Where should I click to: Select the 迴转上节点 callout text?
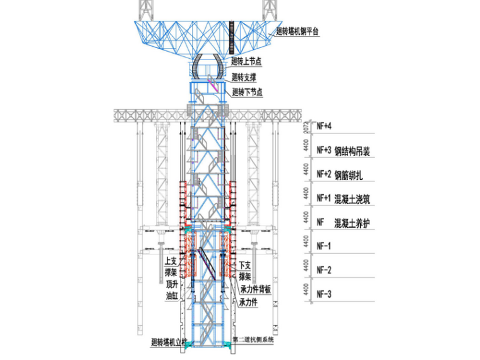[247, 61]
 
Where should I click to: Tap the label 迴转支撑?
[244, 77]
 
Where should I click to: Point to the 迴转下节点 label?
[247, 92]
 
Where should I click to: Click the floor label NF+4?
[324, 126]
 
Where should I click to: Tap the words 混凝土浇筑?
[352, 198]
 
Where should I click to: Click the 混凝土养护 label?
[352, 222]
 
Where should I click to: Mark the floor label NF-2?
[323, 270]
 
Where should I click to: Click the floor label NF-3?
[323, 294]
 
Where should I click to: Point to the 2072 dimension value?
[306, 126]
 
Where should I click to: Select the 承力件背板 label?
[255, 289]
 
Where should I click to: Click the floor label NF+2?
[324, 174]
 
